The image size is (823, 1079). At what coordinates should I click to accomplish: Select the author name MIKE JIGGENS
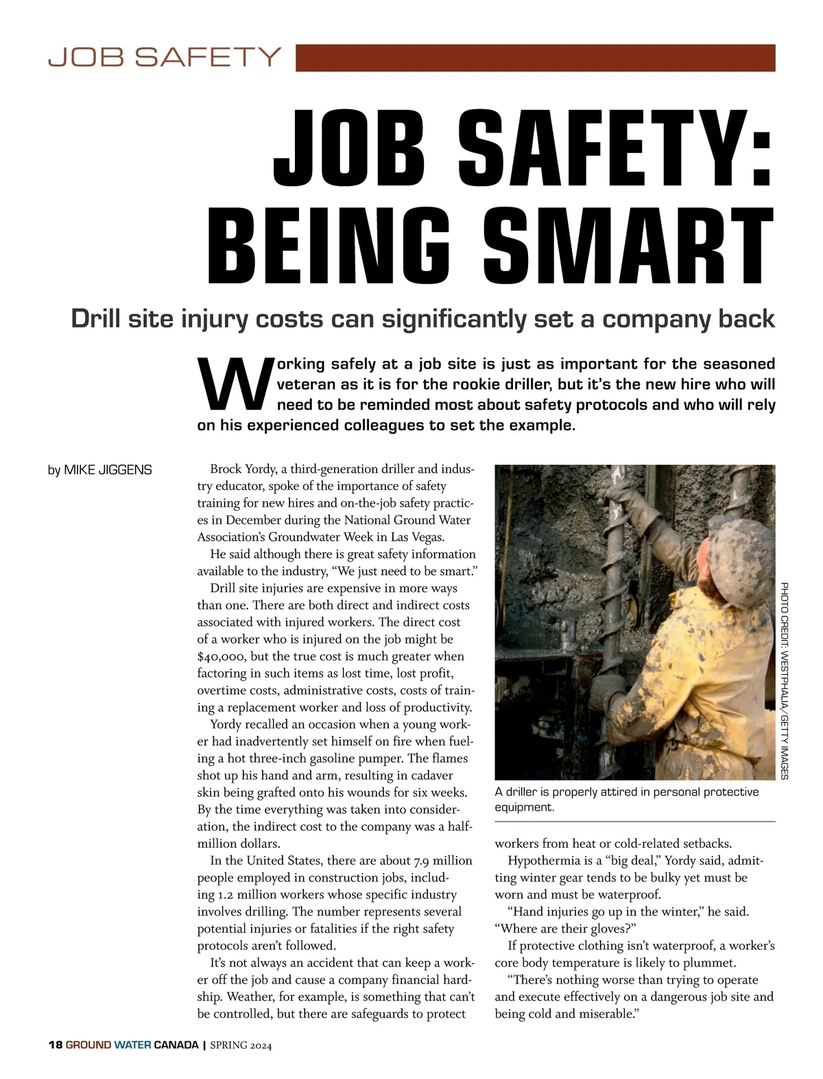(x=108, y=470)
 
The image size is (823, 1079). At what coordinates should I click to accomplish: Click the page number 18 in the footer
(x=55, y=1046)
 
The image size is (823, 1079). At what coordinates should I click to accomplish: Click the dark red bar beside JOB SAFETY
(x=535, y=58)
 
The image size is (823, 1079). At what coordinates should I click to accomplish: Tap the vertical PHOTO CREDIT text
(x=785, y=680)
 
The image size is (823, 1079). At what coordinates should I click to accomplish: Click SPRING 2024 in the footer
(x=241, y=1046)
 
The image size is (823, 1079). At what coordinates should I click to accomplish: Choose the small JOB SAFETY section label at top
(x=165, y=56)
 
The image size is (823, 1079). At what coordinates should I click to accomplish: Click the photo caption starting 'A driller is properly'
(x=626, y=799)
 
